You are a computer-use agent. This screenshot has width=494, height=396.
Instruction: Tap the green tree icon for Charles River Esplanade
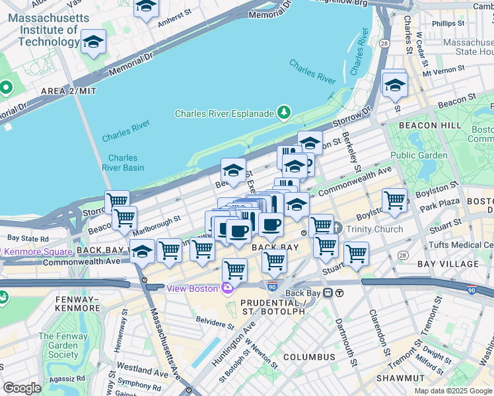pyautogui.click(x=284, y=113)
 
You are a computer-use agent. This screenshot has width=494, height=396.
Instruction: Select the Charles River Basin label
pyautogui.click(x=123, y=162)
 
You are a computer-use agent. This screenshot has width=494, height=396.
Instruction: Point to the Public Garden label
pyautogui.click(x=419, y=156)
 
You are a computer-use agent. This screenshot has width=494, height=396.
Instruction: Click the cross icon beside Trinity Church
pyautogui.click(x=336, y=228)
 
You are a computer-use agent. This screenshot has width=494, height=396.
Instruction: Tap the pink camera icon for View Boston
pyautogui.click(x=228, y=288)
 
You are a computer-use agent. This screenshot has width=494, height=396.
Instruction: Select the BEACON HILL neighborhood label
pyautogui.click(x=427, y=125)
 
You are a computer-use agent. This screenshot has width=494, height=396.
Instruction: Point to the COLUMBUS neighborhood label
pyautogui.click(x=310, y=356)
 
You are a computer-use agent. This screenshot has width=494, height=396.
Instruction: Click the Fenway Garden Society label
pyautogui.click(x=63, y=345)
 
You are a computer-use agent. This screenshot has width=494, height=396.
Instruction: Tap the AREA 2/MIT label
pyautogui.click(x=69, y=90)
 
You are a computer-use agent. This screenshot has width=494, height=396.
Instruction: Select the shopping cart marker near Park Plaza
pyautogui.click(x=394, y=200)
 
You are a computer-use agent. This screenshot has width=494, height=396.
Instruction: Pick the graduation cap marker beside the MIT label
pyautogui.click(x=94, y=42)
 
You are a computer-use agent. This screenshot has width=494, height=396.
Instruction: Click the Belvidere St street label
pyautogui.click(x=216, y=325)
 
